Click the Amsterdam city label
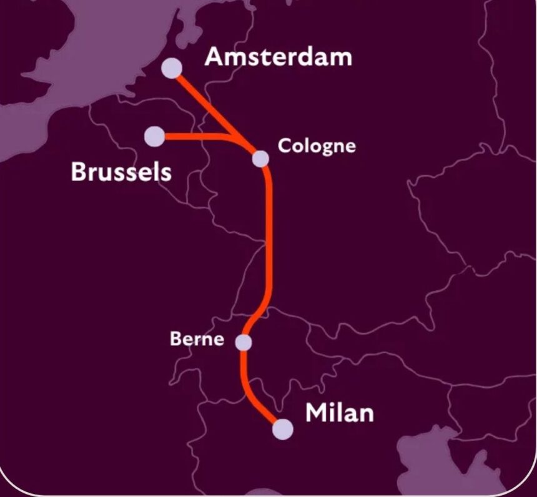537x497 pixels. click(278, 57)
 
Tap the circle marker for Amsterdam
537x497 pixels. click(172, 68)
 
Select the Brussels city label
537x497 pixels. click(121, 171)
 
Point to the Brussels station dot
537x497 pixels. click(154, 135)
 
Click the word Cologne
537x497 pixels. click(317, 146)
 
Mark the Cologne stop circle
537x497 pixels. click(260, 159)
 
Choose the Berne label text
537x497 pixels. click(197, 339)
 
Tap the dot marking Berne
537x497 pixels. click(244, 342)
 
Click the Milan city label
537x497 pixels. click(339, 413)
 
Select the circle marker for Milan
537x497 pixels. click(282, 429)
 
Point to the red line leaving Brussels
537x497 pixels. click(194, 136)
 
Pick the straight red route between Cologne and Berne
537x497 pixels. click(269, 237)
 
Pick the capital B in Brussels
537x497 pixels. click(79, 171)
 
